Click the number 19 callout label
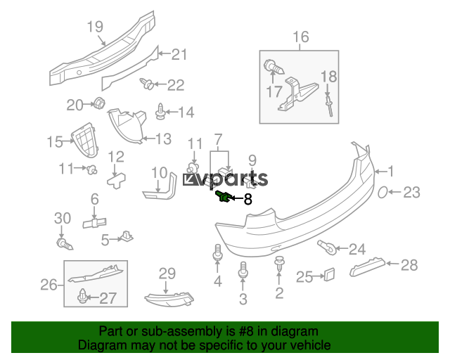pyautogui.click(x=95, y=27)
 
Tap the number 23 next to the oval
pyautogui.click(x=411, y=192)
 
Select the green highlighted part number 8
pyautogui.click(x=223, y=196)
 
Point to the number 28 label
pyautogui.click(x=409, y=265)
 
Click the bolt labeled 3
pyautogui.click(x=243, y=271)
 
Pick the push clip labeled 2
pyautogui.click(x=279, y=265)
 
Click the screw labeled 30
pyautogui.click(x=64, y=244)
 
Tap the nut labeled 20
pyautogui.click(x=99, y=105)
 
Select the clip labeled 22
pyautogui.click(x=148, y=84)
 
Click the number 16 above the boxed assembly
pyautogui.click(x=300, y=37)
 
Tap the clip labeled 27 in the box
pyautogui.click(x=84, y=297)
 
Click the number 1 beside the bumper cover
pyautogui.click(x=392, y=170)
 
